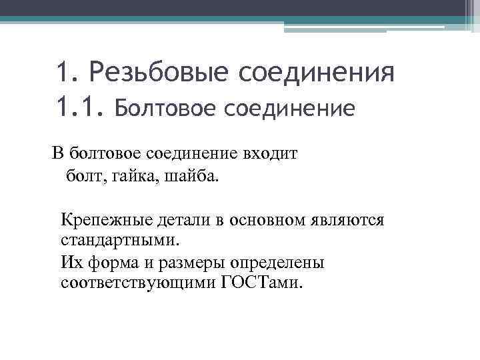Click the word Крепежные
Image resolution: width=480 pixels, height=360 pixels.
[x=101, y=219]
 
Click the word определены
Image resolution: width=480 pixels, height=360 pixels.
[x=275, y=262]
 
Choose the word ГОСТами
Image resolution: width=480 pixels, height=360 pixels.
[x=261, y=283]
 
